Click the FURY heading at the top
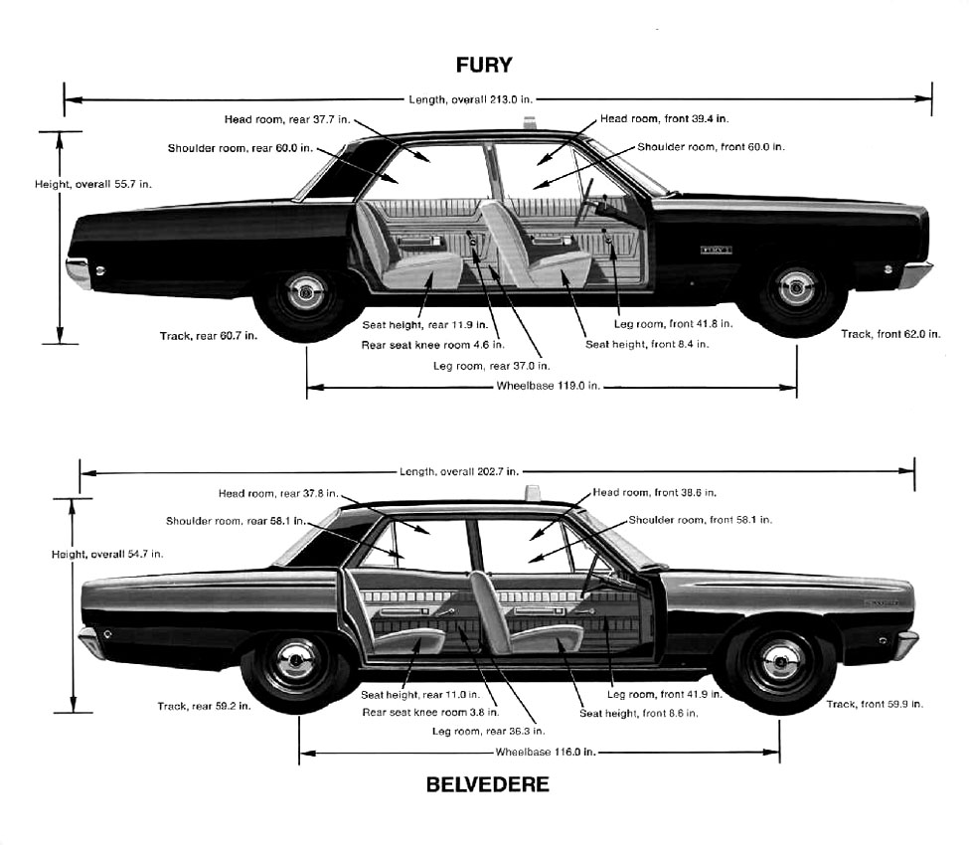point(484,65)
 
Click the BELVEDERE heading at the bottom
point(488,784)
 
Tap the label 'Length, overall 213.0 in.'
point(470,99)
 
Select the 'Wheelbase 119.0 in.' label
point(549,386)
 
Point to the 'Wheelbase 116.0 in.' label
point(545,752)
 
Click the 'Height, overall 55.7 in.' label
point(92,184)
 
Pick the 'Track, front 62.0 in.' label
point(890,334)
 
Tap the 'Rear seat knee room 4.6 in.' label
point(432,345)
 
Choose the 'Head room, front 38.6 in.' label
point(654,493)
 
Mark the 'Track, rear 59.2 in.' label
point(204,706)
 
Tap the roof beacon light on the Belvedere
point(532,493)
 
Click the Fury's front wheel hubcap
point(795,288)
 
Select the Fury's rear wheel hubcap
point(306,291)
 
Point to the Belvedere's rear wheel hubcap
point(295,660)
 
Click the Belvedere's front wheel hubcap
point(780,661)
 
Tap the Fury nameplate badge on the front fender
point(717,251)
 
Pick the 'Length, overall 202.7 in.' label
point(459,471)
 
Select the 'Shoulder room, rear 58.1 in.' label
point(236,521)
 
